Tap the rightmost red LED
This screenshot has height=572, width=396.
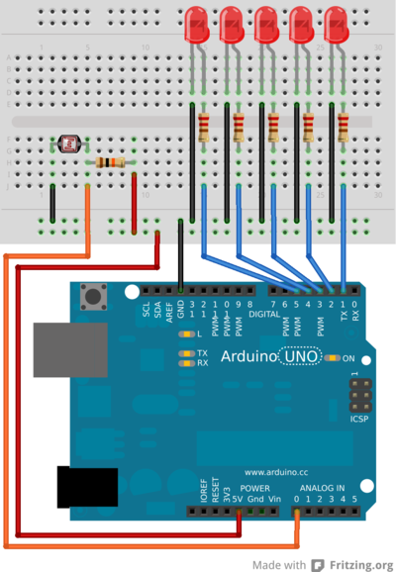(x=337, y=23)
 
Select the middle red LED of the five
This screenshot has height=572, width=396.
(x=266, y=23)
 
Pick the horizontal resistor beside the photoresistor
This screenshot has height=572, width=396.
(x=108, y=162)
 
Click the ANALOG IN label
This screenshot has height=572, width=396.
(x=322, y=488)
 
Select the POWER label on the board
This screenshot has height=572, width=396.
(x=255, y=488)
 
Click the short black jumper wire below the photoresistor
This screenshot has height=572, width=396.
(x=52, y=201)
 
